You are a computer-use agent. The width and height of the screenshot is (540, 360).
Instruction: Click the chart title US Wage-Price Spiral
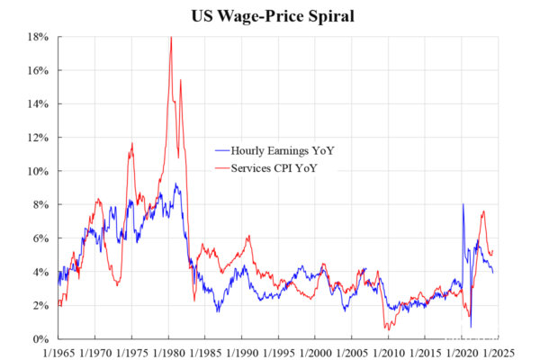tap(273, 16)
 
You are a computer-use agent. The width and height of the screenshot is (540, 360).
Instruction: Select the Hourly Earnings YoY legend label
tap(283, 150)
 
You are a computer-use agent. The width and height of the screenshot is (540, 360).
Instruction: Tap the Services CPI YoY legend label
tap(274, 168)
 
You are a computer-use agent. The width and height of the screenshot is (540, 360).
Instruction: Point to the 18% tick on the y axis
tap(38, 37)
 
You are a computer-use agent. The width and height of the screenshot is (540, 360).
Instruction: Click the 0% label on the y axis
tap(40, 339)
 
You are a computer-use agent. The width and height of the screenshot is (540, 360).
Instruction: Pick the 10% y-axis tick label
tap(38, 171)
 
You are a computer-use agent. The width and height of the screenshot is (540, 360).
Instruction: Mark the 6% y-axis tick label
tap(40, 238)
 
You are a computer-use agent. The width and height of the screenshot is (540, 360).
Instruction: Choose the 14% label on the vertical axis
tap(38, 103)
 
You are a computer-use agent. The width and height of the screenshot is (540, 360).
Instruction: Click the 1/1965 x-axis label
tap(58, 353)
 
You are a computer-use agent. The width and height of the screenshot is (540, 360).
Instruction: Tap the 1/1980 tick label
tap(169, 353)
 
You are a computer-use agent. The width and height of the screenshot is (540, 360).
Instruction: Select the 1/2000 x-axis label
tap(316, 353)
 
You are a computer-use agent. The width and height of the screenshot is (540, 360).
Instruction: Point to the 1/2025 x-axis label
tap(499, 353)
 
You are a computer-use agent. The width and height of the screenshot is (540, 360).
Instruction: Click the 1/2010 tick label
tap(389, 353)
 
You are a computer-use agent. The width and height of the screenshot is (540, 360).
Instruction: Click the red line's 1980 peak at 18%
tap(171, 37)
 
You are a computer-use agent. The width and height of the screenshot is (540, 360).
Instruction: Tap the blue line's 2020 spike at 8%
tap(463, 204)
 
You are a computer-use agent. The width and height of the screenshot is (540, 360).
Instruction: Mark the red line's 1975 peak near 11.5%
tap(132, 143)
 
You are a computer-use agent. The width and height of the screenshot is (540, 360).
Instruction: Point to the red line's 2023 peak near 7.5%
tap(484, 211)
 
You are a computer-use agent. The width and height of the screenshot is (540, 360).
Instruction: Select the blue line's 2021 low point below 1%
tap(471, 327)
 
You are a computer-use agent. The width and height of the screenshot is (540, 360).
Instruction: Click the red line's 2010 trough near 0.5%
tap(389, 329)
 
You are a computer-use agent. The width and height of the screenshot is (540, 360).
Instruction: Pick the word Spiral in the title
tap(331, 16)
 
